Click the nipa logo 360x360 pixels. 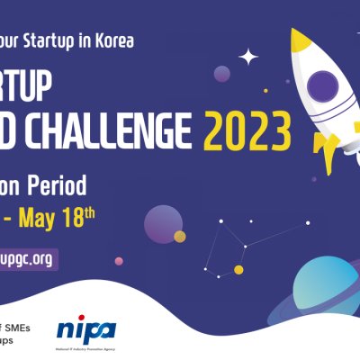[x=85, y=330]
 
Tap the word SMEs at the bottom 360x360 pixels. [x=18, y=328]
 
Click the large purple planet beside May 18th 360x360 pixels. [x=163, y=223]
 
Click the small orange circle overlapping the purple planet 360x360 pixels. [x=180, y=237]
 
